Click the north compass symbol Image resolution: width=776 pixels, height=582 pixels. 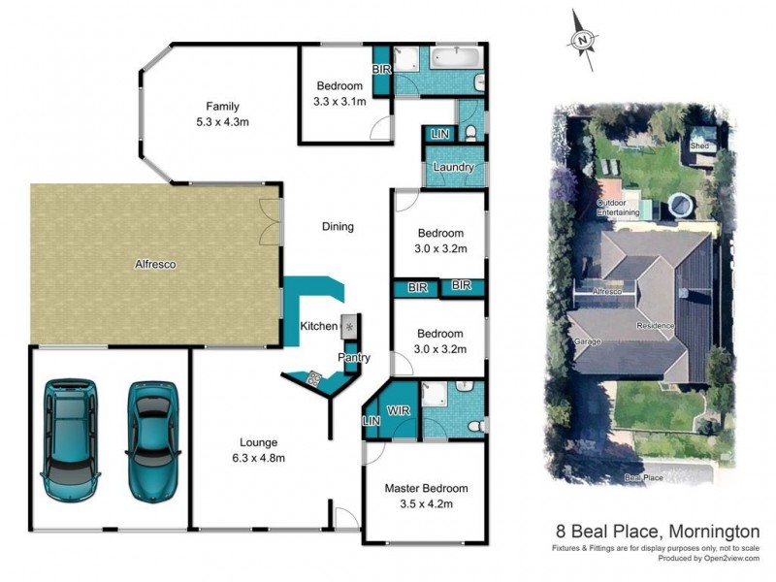coord(582,41)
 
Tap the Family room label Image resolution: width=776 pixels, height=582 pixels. coord(221,107)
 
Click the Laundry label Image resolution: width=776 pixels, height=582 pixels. coord(453,167)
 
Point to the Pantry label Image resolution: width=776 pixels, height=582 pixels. coord(354,358)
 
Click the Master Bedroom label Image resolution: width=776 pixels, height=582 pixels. coord(426,488)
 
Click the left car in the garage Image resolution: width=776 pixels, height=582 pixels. coord(69,438)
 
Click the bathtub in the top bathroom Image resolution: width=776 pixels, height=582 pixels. coord(456,58)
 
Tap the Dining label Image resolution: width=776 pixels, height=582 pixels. coord(338,227)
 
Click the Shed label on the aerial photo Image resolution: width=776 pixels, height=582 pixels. coord(699,145)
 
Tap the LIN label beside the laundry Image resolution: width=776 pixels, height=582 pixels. coord(439,133)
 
